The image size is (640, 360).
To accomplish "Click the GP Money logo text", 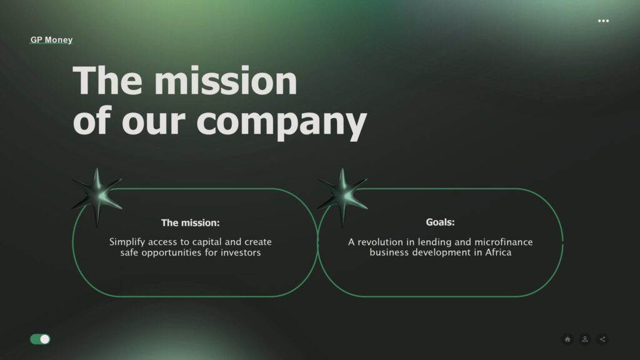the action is coord(51,40).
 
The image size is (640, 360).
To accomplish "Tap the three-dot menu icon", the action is coord(603,21).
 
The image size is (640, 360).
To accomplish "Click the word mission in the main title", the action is coord(226,81).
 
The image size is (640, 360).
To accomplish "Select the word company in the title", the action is coord(282,121).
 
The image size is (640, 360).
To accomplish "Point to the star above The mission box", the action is coord(97,197).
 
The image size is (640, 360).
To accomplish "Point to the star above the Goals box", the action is coord(343,197).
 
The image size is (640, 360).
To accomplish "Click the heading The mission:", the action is coord(190,223).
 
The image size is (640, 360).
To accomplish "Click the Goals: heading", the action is coord(440,222).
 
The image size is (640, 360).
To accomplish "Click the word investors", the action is coord(241,252).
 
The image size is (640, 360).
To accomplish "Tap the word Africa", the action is coord(498,252).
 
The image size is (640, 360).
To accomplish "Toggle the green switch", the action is coord(40,339).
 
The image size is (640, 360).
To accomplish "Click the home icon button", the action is coord(567,339).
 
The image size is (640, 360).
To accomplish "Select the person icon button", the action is coord(585,339).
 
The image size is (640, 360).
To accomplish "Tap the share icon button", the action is coord(602,339).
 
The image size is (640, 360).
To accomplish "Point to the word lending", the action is coord(434,242).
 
